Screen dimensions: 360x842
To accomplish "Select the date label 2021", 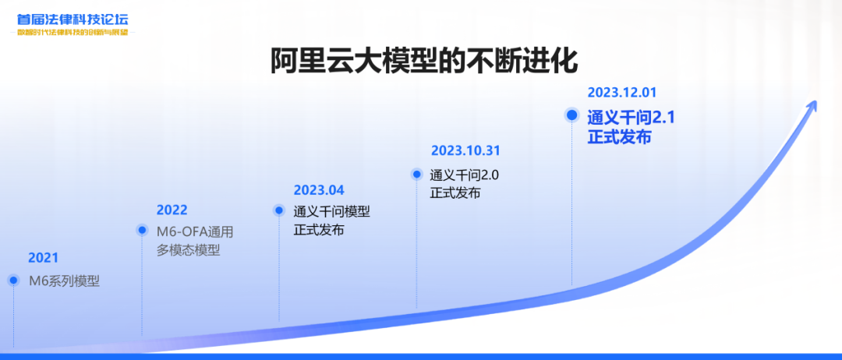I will (x=44, y=258).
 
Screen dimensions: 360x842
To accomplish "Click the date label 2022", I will (x=172, y=210).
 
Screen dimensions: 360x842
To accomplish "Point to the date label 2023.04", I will (x=319, y=190).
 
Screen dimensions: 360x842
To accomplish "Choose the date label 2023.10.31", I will (x=465, y=150).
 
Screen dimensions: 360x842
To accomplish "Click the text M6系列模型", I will (x=65, y=281).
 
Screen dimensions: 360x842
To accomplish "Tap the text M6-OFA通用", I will (x=195, y=231).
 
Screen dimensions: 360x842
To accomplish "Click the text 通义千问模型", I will (x=331, y=211).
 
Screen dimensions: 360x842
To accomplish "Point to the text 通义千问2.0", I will (x=465, y=175).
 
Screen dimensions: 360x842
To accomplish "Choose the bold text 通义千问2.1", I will (x=631, y=118).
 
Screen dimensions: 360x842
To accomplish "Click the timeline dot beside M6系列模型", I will (x=13, y=280).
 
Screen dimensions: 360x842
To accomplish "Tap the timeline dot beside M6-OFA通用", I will (x=142, y=230).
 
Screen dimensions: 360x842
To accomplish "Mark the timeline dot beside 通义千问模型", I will (x=279, y=210).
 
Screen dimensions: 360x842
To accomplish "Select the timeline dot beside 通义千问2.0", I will (x=416, y=175).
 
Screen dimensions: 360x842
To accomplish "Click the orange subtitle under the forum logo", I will (x=73, y=33).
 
